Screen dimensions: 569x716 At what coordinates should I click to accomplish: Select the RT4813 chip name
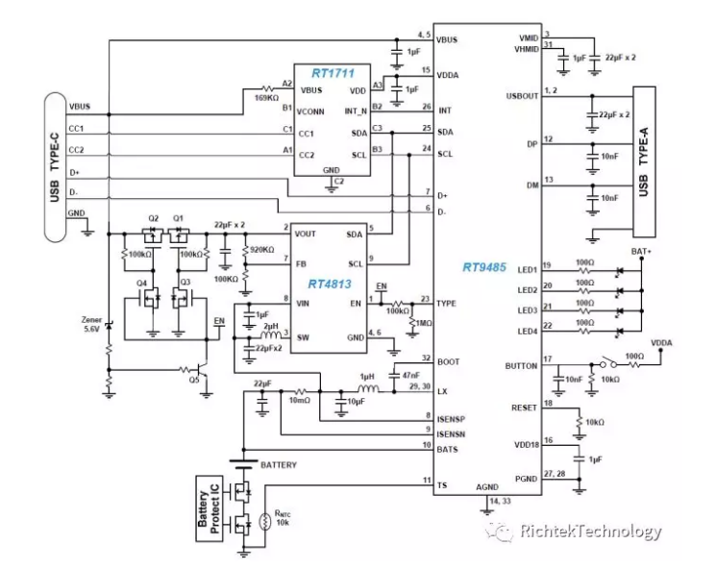tap(330, 284)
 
